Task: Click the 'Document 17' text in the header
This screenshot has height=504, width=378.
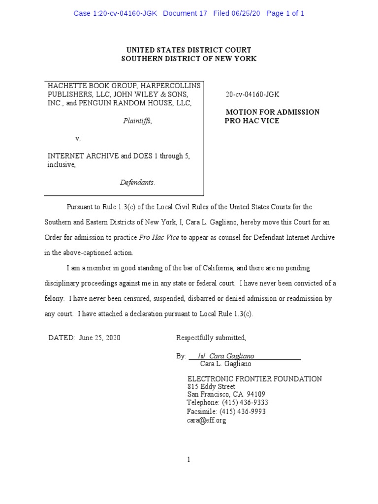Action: (185, 13)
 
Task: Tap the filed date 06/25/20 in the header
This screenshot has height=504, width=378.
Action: (245, 13)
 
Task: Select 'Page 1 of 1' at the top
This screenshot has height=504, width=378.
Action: (285, 13)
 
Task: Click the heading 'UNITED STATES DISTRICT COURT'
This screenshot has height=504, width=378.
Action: (189, 50)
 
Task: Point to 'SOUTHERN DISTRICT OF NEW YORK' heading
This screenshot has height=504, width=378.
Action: (189, 59)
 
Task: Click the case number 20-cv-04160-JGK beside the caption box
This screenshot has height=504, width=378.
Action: (252, 94)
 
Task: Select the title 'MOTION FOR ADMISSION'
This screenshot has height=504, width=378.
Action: (272, 112)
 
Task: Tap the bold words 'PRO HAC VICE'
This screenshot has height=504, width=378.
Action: (252, 121)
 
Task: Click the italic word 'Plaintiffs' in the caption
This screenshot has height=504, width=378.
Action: (137, 121)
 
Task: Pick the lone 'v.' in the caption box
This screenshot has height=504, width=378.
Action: (78, 138)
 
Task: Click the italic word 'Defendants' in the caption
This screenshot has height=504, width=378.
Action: (137, 183)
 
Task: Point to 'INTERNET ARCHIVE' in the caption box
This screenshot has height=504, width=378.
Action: (83, 156)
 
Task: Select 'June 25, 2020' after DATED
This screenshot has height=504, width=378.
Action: (99, 338)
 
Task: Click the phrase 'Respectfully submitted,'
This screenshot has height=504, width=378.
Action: (211, 338)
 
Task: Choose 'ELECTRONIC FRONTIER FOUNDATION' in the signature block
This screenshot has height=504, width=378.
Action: (254, 379)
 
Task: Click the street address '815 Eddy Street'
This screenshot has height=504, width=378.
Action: (211, 387)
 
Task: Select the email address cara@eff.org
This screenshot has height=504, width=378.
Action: (206, 420)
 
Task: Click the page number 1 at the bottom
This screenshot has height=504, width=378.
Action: (189, 460)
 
